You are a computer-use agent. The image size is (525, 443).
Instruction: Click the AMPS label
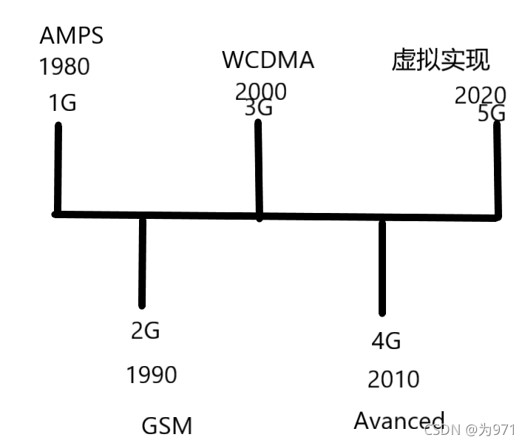tap(71, 35)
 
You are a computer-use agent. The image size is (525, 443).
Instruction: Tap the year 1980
tap(64, 67)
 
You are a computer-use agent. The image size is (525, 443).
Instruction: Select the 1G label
tap(62, 103)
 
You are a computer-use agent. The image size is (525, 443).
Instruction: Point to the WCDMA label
tap(268, 60)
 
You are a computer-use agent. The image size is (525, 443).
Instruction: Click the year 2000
tap(260, 91)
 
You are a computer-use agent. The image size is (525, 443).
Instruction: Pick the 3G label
tap(259, 108)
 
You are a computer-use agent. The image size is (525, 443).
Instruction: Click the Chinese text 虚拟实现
tap(441, 61)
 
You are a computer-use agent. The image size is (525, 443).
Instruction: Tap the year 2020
tap(480, 96)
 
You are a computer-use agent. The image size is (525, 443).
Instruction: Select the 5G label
tap(491, 113)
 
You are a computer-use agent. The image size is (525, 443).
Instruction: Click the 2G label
tap(145, 330)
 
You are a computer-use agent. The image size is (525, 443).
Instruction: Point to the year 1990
tap(152, 375)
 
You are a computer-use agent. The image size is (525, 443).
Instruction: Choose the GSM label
tap(166, 426)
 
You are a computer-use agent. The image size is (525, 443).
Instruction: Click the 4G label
tap(385, 341)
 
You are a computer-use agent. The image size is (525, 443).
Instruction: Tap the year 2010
tap(393, 379)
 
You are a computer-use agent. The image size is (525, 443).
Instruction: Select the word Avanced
tap(399, 421)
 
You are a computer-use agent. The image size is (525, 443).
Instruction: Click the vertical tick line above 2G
tap(142, 260)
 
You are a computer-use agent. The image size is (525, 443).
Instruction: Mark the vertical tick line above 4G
tap(382, 266)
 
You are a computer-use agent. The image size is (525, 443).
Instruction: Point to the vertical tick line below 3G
tap(258, 169)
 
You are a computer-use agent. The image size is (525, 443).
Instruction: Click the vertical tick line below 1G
tap(58, 169)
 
